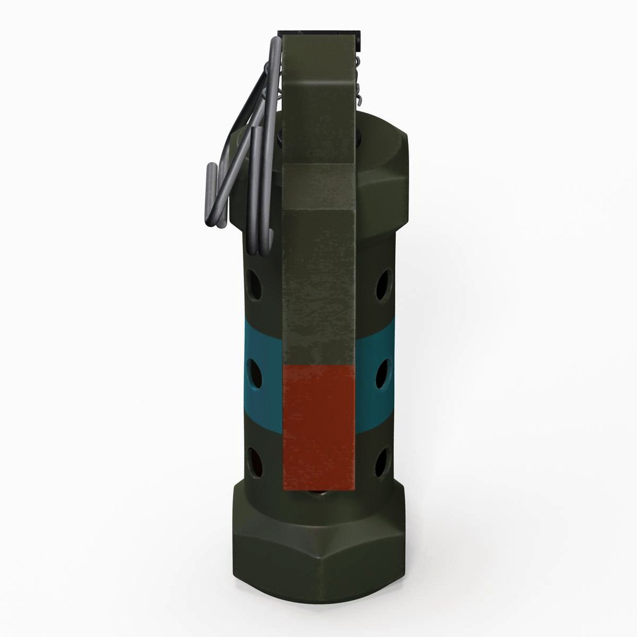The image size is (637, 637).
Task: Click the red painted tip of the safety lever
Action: [x=318, y=426]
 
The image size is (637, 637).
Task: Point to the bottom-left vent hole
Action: [x=255, y=461]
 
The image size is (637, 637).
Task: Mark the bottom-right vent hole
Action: [x=382, y=462]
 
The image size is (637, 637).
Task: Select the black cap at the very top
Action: [x=318, y=30]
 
